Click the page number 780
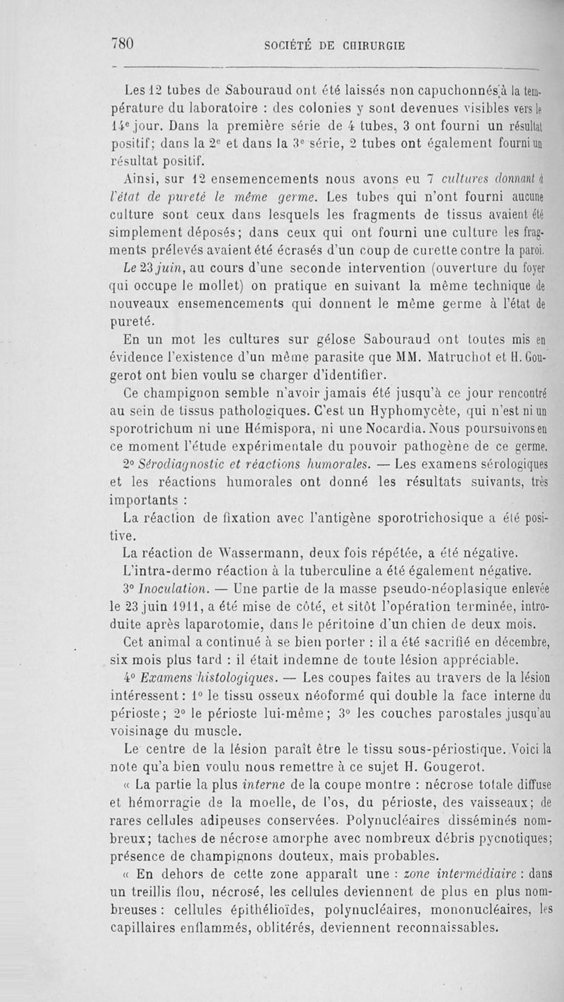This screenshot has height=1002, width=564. pos(123,44)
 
